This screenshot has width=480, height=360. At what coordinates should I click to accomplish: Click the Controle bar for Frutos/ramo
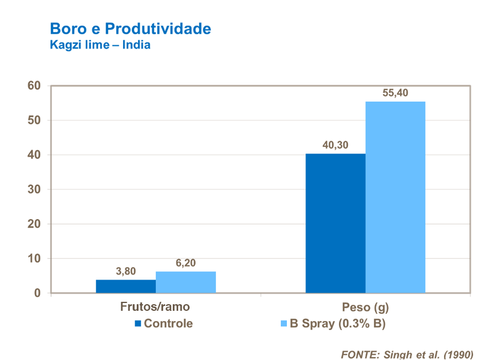(x=126, y=286)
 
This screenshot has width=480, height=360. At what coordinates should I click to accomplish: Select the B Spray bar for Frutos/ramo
(x=186, y=282)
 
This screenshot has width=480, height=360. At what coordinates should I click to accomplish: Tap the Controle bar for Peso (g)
(x=335, y=223)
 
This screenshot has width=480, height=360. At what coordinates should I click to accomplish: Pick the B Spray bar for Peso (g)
(x=395, y=197)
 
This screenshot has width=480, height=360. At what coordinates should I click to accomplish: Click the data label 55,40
(x=395, y=93)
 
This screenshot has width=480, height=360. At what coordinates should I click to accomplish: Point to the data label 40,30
(x=335, y=145)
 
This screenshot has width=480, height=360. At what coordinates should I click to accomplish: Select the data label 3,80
(x=126, y=271)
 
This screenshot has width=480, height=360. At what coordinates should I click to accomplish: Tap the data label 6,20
(x=186, y=263)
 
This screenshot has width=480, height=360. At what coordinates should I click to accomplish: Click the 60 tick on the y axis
(x=34, y=86)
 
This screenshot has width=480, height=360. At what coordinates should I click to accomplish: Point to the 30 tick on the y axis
(x=34, y=190)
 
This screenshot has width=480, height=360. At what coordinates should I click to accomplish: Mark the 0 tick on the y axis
(x=37, y=293)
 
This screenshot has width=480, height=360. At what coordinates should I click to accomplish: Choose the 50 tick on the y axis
(x=34, y=121)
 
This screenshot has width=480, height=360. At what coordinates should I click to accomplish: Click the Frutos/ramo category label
(x=155, y=307)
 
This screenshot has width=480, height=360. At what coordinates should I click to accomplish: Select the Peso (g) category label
(x=365, y=308)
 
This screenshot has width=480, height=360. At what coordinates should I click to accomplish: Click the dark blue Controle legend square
(x=137, y=323)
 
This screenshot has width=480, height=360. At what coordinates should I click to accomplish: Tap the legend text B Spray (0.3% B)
(x=338, y=323)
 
